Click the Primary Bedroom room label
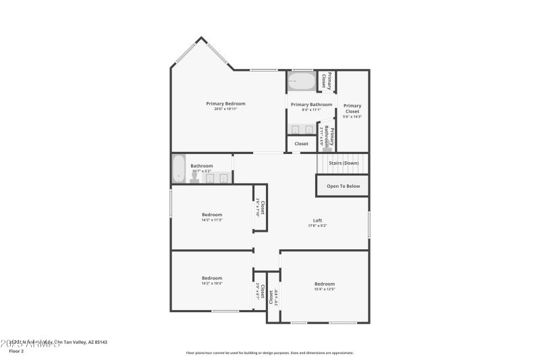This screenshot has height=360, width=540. click(x=225, y=103)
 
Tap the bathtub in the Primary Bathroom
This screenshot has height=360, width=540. click(x=302, y=82)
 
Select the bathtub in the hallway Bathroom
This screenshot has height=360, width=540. click(x=178, y=168)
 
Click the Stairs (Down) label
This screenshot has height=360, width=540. click(x=344, y=163)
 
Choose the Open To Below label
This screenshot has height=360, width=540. click(x=343, y=186)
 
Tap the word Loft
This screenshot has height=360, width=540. click(x=317, y=220)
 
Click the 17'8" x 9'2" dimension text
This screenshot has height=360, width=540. click(x=317, y=226)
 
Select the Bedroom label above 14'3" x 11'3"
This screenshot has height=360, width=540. click(x=212, y=215)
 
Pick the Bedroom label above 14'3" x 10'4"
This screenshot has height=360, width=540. click(x=212, y=278)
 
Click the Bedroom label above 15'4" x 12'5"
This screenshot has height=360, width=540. click(x=324, y=284)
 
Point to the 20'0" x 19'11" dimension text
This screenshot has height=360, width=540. click(x=225, y=109)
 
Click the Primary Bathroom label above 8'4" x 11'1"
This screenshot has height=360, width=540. click(x=311, y=104)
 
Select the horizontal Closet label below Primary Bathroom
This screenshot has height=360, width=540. click(x=301, y=144)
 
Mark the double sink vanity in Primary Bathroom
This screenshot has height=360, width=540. click(x=302, y=129)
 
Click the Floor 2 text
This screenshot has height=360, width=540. click(x=16, y=351)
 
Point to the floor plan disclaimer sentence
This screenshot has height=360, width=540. click(x=269, y=353)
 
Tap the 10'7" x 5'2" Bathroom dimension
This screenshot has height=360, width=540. click(x=201, y=171)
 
